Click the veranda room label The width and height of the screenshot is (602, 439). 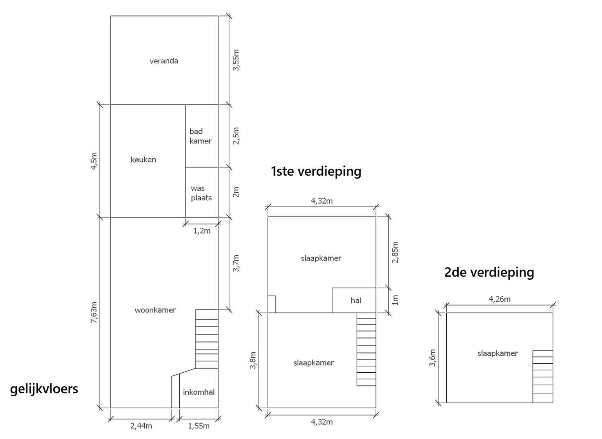[164, 61]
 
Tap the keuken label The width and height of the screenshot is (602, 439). [143, 160]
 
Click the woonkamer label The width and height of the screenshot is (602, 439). [155, 310]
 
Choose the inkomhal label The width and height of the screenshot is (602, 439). [199, 392]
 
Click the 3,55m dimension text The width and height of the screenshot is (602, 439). [236, 60]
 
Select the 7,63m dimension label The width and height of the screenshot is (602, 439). [94, 312]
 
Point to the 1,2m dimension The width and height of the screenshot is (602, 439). [202, 230]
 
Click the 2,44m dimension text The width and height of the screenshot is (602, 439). [141, 426]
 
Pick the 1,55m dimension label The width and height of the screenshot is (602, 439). [199, 426]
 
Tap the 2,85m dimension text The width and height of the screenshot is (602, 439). [395, 252]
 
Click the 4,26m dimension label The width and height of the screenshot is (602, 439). [499, 299]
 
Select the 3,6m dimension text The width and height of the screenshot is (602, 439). [432, 358]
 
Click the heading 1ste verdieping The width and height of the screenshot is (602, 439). [316, 171]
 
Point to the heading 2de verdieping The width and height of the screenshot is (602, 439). [489, 272]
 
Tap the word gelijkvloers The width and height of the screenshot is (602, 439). [44, 389]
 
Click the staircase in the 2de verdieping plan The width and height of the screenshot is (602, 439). [543, 376]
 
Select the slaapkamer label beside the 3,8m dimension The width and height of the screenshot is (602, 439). [313, 363]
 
